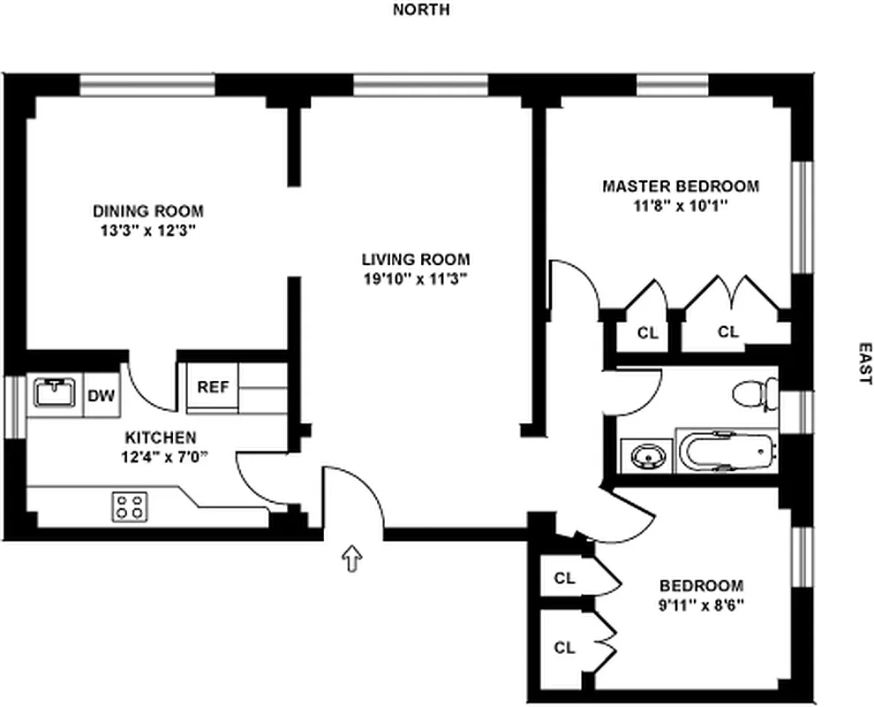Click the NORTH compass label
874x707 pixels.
tap(421, 10)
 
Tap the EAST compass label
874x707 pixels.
tap(864, 363)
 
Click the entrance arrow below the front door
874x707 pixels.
tap(351, 558)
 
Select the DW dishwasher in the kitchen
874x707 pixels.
tap(102, 396)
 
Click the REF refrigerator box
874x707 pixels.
tap(213, 387)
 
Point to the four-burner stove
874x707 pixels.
tap(130, 506)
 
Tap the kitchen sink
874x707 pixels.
tap(55, 392)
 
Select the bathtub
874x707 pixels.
tap(727, 452)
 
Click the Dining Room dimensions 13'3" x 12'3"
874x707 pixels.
tap(147, 231)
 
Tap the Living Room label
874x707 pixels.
tap(415, 260)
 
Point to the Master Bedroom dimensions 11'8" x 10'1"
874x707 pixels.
tap(681, 206)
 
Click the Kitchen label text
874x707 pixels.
tap(161, 437)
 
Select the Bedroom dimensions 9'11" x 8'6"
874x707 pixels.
tap(701, 605)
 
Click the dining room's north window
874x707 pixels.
tap(147, 85)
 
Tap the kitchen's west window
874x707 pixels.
tap(15, 407)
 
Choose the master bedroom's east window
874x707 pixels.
tap(802, 217)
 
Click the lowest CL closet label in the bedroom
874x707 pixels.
tap(564, 648)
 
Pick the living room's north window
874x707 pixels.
tap(421, 85)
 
